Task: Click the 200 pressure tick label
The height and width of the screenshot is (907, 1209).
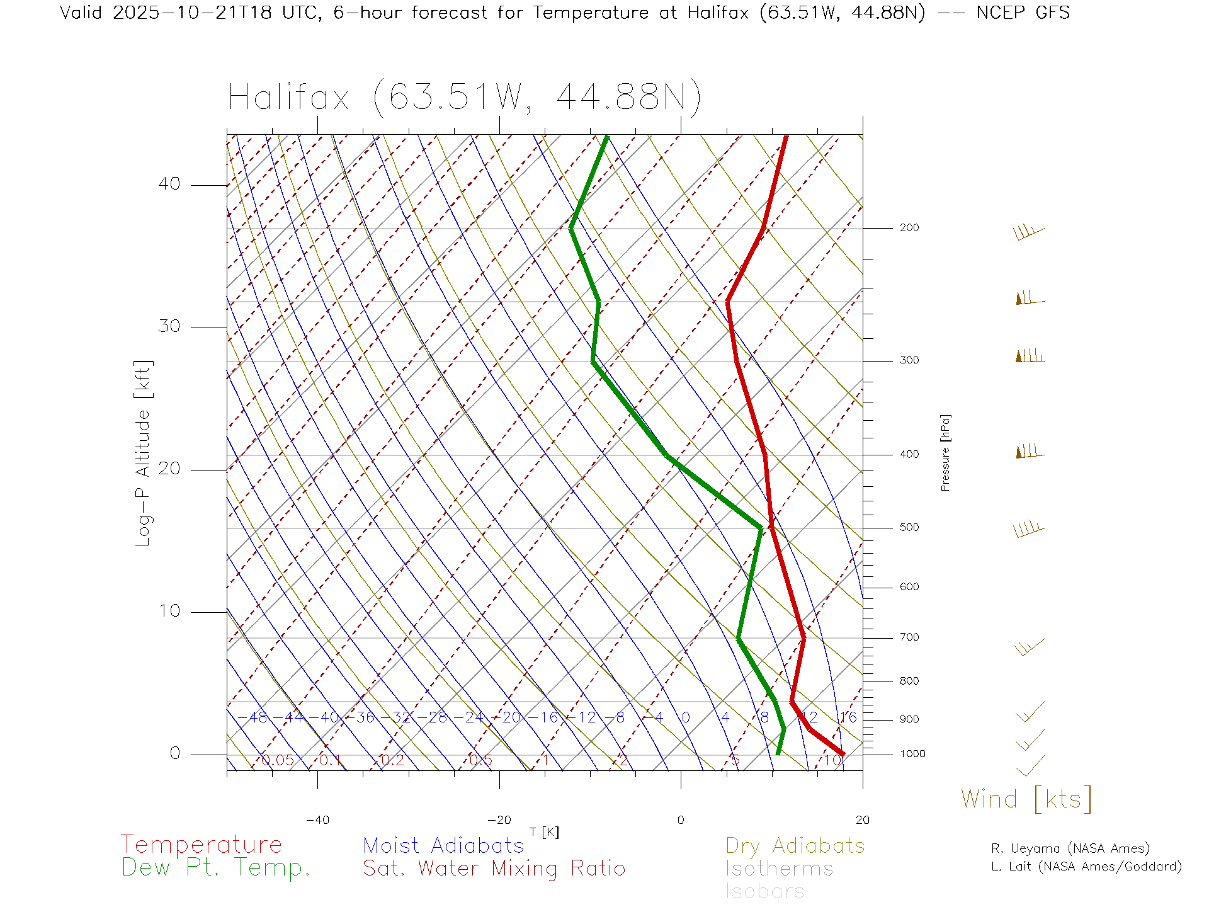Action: click(909, 228)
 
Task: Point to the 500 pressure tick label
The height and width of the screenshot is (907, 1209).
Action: click(909, 528)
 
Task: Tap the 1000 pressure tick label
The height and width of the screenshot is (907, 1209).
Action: click(912, 754)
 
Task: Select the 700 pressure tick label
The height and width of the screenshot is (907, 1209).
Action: click(909, 637)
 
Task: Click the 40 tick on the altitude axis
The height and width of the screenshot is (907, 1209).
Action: click(169, 184)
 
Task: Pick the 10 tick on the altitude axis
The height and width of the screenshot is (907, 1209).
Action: click(169, 611)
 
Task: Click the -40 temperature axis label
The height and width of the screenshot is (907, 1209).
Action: click(317, 820)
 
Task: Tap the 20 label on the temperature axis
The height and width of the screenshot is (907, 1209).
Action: click(862, 820)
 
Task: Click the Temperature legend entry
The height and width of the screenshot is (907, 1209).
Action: click(201, 845)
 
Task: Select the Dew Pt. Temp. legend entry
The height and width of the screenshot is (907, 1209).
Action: click(216, 868)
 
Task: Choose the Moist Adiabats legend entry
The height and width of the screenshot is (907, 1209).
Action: click(443, 845)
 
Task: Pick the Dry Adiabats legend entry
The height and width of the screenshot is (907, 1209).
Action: click(795, 845)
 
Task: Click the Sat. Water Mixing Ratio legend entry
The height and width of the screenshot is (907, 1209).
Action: click(494, 869)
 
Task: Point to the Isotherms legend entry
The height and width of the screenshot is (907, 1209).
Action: click(779, 869)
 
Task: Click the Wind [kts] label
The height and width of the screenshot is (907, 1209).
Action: click(1026, 799)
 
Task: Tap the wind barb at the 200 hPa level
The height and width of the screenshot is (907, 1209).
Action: click(1029, 232)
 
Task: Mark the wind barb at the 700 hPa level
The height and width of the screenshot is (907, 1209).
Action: click(1029, 647)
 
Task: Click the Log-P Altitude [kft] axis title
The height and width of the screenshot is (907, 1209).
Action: click(144, 453)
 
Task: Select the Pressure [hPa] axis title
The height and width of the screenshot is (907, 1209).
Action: click(945, 452)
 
